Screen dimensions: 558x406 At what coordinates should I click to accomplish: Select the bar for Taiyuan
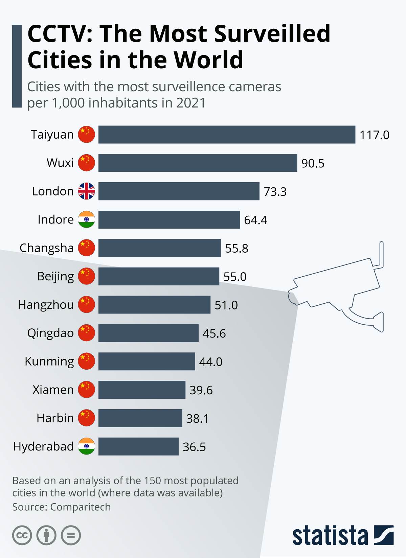(227, 135)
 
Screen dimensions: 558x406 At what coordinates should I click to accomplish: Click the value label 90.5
(313, 163)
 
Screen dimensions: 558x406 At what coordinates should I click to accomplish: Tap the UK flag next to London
(87, 191)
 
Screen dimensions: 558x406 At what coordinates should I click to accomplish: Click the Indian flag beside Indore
(87, 219)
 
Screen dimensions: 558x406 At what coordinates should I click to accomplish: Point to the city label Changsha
(47, 248)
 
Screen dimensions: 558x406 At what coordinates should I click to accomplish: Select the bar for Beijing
(159, 276)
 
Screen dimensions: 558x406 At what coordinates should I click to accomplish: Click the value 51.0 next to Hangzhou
(226, 305)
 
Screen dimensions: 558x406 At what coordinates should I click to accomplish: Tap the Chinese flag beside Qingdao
(87, 333)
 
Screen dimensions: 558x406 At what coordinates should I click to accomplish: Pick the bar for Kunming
(146, 361)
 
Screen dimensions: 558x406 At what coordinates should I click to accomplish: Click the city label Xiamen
(53, 390)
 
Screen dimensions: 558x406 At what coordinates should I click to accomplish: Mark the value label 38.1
(197, 419)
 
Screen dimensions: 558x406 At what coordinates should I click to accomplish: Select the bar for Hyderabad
(138, 446)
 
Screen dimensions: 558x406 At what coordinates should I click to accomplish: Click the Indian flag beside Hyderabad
(87, 446)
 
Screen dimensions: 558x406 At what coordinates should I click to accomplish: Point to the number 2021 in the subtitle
(191, 103)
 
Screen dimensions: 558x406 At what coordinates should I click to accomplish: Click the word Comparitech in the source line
(81, 507)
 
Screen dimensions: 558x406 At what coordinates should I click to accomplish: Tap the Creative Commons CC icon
(22, 535)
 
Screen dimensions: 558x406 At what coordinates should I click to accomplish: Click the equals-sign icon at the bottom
(71, 535)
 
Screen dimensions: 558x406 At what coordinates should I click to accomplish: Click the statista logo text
(330, 536)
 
